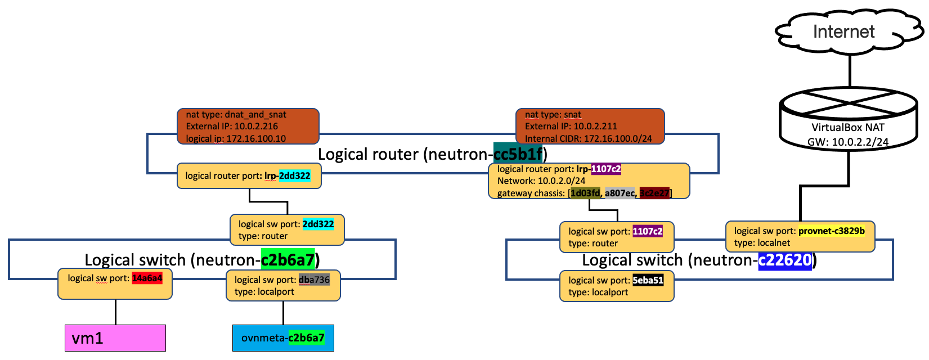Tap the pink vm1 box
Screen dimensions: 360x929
115,338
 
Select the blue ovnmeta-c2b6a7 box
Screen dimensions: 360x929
283,338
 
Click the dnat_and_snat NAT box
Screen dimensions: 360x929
248,127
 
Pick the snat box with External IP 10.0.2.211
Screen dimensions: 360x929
590,127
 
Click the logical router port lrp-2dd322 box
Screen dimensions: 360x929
249,176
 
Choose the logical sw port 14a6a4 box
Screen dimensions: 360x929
115,284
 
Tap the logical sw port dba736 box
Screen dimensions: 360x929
283,286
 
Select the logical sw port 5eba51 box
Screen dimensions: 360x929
617,286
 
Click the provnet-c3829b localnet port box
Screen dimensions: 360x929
800,237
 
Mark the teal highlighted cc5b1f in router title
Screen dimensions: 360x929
518,154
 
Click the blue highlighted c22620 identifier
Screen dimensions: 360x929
784,260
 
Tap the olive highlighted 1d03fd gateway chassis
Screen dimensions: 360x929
585,193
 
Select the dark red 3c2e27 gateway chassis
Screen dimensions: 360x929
654,193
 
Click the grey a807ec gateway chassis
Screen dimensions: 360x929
619,193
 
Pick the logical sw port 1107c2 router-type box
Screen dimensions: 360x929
617,237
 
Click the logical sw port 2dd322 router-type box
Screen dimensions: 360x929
287,230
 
